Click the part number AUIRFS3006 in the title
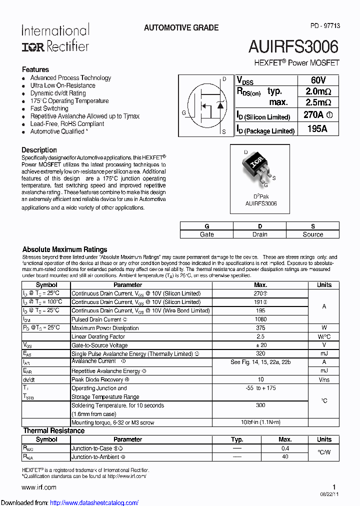click(293, 46)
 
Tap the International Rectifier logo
click(55, 38)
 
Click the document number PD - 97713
click(325, 25)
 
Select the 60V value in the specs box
click(318, 80)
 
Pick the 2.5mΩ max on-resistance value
click(318, 102)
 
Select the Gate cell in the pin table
click(206, 234)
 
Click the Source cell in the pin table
click(312, 234)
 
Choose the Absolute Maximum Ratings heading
click(65, 249)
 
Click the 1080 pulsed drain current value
click(260, 319)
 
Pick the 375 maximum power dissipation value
click(260, 328)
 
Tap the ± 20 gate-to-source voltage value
click(260, 345)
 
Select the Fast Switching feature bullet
click(49, 108)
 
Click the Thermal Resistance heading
click(54, 430)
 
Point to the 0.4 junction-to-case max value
click(285, 448)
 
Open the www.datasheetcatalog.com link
click(94, 502)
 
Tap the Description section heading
click(39, 150)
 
